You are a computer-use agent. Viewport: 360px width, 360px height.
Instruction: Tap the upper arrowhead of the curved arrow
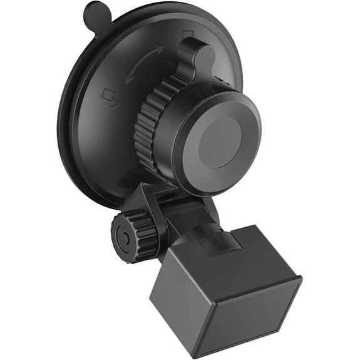click(x=162, y=48)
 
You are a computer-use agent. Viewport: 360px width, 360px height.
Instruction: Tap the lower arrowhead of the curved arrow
click(x=128, y=80)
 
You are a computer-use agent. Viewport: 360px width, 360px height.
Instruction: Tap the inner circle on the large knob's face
click(x=224, y=142)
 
